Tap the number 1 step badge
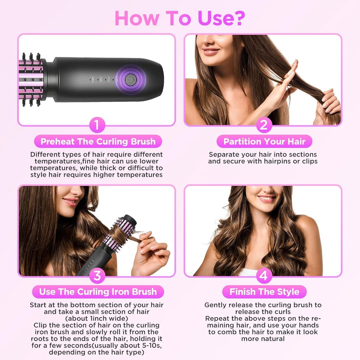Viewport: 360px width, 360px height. (x=97, y=125)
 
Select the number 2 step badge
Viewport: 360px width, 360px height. (x=264, y=125)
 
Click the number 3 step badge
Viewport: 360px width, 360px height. (x=97, y=276)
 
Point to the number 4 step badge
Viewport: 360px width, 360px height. (x=264, y=276)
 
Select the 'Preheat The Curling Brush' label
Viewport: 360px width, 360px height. (x=98, y=141)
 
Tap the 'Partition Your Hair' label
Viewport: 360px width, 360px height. (x=264, y=141)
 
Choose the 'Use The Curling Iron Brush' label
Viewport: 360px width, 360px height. (x=98, y=292)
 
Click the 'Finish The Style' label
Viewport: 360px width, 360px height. (x=264, y=292)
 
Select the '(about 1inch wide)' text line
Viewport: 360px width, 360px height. (x=97, y=318)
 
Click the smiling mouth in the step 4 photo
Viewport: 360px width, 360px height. (x=266, y=199)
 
